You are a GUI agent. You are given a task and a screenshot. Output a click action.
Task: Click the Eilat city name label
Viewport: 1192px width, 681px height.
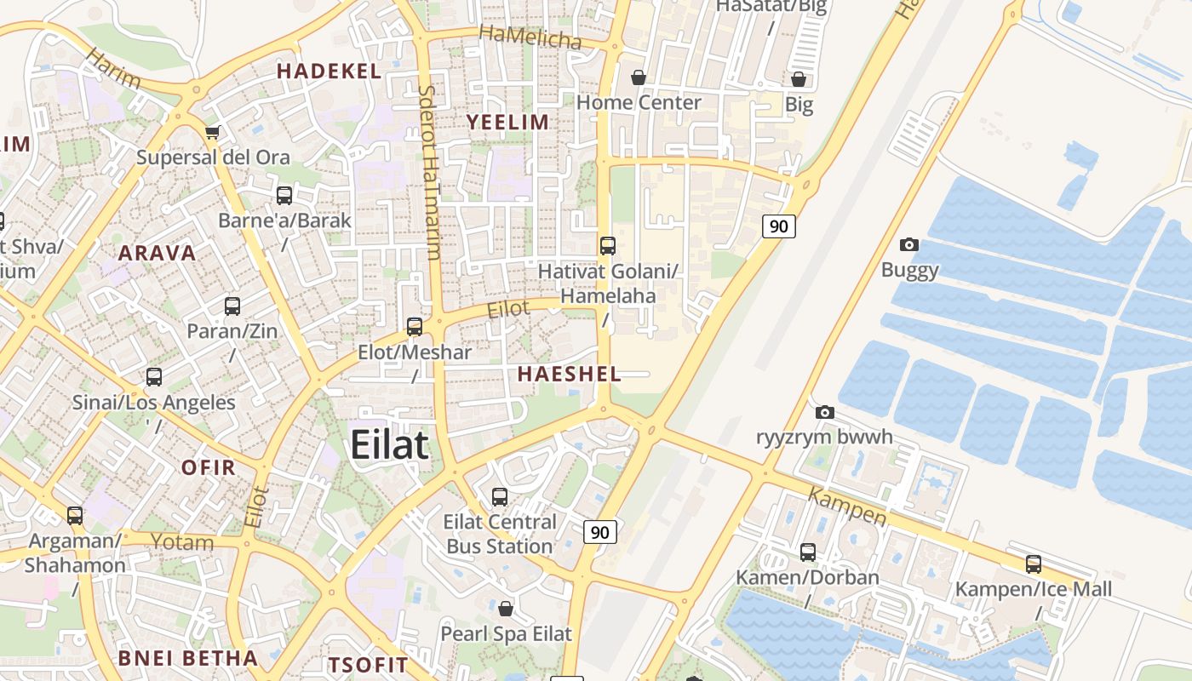click(x=389, y=445)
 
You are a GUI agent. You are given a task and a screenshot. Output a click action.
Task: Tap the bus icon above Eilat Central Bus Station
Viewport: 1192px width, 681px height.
click(x=500, y=496)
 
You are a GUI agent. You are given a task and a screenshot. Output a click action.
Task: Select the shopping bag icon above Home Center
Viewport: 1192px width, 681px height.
click(x=639, y=77)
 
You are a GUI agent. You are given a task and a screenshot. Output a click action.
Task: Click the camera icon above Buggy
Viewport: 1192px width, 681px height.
click(x=909, y=245)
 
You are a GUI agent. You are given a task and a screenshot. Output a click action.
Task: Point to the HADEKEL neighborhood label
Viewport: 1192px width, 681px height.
click(x=329, y=72)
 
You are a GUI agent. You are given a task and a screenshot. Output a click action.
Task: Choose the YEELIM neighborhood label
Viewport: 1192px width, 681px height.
click(x=507, y=123)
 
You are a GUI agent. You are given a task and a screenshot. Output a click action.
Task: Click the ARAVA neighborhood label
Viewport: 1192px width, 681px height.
click(x=157, y=253)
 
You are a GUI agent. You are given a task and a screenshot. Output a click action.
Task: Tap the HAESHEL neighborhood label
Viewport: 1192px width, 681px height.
click(x=569, y=374)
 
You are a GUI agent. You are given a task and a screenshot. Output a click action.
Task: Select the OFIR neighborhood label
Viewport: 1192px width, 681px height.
click(x=209, y=467)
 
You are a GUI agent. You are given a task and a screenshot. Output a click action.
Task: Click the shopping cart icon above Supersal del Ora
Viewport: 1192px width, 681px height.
click(x=213, y=132)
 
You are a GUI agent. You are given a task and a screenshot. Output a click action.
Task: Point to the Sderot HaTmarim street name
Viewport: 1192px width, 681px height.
click(x=430, y=170)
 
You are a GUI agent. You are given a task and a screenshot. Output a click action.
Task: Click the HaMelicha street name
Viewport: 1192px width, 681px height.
click(x=530, y=37)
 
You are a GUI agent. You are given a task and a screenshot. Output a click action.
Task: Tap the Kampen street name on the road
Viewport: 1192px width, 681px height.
click(x=846, y=506)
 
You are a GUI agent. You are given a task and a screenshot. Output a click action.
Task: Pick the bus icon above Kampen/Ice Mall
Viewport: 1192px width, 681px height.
click(x=1034, y=564)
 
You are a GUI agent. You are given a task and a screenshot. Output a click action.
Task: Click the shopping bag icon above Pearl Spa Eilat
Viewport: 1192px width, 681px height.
click(x=506, y=609)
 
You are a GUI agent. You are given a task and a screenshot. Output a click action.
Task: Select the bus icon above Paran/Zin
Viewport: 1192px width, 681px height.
click(x=232, y=306)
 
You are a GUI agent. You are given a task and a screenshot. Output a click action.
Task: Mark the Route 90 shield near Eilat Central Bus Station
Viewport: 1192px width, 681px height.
click(x=600, y=532)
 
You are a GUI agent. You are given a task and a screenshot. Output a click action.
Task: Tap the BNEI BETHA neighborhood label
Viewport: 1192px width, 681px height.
click(x=187, y=658)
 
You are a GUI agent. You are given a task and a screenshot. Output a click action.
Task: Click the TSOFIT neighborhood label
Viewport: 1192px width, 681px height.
click(x=369, y=665)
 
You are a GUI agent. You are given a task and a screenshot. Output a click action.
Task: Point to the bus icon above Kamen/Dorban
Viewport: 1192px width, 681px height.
click(x=808, y=552)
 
